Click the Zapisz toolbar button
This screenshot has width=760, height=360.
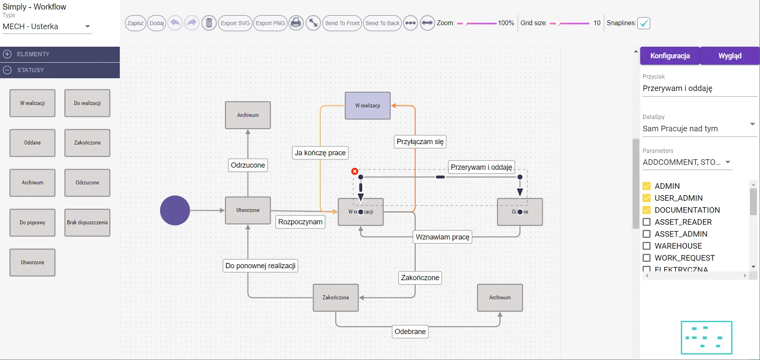click(135, 23)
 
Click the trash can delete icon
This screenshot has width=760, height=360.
click(208, 23)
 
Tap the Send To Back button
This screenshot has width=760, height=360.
click(382, 23)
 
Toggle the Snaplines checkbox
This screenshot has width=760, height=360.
click(643, 23)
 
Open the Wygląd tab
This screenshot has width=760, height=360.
click(730, 56)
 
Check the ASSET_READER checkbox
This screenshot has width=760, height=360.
click(647, 222)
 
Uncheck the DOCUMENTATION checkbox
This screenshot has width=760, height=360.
click(647, 210)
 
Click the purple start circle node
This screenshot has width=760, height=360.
click(175, 210)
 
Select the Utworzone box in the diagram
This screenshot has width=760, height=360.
click(248, 210)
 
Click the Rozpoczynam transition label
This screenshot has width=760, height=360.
click(300, 222)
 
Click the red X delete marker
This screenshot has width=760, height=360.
click(355, 171)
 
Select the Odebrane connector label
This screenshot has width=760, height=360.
click(410, 332)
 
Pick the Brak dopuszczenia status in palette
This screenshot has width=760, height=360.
click(87, 223)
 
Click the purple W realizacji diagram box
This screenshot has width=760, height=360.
click(367, 106)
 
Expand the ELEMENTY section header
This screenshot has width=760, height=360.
click(60, 54)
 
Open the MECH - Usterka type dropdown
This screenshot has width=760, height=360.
click(47, 27)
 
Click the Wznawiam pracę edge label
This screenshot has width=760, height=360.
click(443, 237)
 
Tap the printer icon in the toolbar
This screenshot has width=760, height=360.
click(296, 23)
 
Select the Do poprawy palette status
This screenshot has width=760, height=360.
click(32, 223)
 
